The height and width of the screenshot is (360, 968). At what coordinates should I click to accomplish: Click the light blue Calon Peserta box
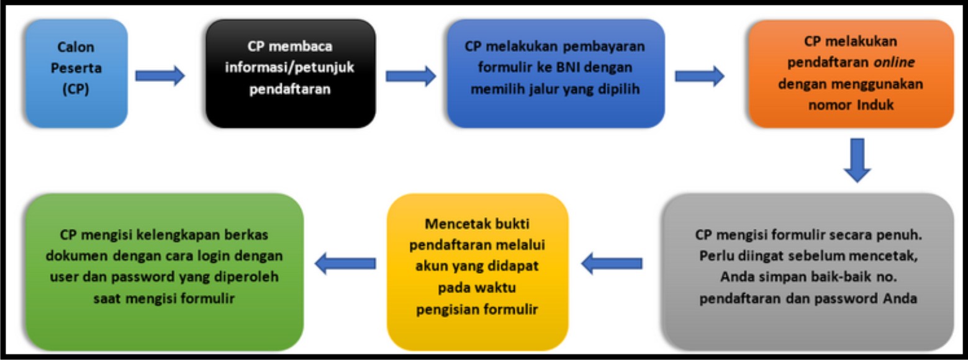click(76, 74)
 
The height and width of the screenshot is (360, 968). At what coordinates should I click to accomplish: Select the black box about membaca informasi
click(291, 74)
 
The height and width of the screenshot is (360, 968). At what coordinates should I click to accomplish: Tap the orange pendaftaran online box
click(851, 74)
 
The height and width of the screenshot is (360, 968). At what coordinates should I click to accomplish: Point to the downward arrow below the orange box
click(857, 160)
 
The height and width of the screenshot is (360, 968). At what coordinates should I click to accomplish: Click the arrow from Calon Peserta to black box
click(160, 76)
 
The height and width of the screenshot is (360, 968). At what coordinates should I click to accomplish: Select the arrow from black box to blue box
click(410, 76)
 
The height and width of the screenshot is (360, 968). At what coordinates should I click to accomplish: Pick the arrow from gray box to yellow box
click(612, 264)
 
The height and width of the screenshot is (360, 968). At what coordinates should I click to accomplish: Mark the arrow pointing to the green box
click(345, 264)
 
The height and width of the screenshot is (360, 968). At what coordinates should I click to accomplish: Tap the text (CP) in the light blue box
click(76, 89)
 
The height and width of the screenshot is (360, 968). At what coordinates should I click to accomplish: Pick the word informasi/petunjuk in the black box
click(290, 67)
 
